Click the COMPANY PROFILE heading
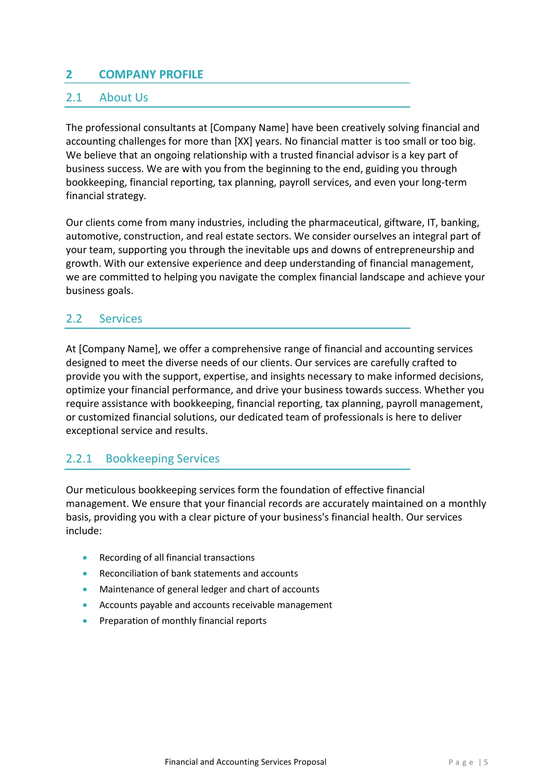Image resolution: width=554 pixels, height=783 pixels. tap(151, 74)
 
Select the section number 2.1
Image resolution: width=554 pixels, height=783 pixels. tap(74, 98)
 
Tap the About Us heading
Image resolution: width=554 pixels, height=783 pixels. tap(124, 98)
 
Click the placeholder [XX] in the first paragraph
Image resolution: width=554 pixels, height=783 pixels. tap(243, 141)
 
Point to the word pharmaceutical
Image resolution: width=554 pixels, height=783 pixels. tap(344, 223)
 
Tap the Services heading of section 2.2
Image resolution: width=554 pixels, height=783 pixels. tap(121, 319)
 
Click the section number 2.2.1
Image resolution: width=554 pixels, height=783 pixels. tap(79, 459)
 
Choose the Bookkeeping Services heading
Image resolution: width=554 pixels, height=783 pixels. tap(162, 459)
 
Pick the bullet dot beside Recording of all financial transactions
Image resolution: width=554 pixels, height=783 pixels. tap(85, 558)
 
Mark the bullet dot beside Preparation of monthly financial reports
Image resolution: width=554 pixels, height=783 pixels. tap(85, 621)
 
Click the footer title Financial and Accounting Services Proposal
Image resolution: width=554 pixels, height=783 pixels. tap(245, 762)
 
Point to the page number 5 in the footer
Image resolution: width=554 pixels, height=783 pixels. tap(486, 762)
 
